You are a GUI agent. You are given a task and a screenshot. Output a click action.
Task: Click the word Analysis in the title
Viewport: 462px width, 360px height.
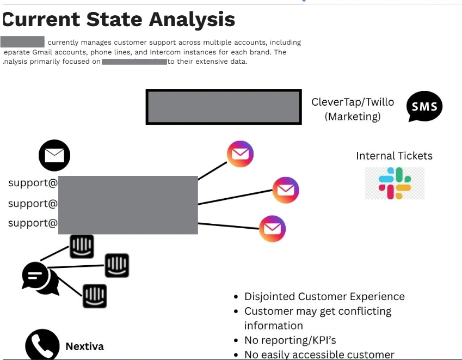(192, 20)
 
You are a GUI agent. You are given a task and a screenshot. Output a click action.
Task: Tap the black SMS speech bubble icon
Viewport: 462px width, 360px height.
(424, 107)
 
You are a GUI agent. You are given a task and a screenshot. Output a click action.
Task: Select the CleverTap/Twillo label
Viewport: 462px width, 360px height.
(353, 102)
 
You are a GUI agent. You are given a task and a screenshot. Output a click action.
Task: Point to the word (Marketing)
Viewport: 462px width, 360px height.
(353, 117)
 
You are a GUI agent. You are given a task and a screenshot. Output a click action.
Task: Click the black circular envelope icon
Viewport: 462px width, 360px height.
(54, 156)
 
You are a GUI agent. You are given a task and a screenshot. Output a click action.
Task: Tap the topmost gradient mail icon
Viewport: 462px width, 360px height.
(240, 154)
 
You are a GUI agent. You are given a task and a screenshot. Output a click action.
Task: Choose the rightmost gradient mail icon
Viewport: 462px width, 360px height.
(286, 191)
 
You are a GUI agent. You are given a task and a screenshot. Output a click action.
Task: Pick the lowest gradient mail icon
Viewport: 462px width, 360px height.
(272, 229)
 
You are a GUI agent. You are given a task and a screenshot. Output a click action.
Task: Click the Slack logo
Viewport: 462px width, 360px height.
(395, 183)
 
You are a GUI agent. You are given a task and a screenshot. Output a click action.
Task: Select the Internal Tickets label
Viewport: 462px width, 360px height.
(394, 156)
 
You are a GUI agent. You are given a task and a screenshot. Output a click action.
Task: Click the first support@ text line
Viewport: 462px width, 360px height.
(33, 183)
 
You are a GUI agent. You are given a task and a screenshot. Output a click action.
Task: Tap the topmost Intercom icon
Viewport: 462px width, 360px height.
(82, 246)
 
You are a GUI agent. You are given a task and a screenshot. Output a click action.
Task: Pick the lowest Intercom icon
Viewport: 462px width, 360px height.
(95, 296)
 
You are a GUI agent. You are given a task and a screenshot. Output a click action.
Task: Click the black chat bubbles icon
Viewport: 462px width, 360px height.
(40, 278)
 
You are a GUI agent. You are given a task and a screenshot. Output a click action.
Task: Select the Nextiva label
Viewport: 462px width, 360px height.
(84, 346)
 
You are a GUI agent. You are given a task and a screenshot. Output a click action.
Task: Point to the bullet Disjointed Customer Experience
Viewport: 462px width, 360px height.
(324, 297)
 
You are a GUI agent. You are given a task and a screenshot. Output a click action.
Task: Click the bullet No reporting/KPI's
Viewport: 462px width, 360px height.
(290, 341)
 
